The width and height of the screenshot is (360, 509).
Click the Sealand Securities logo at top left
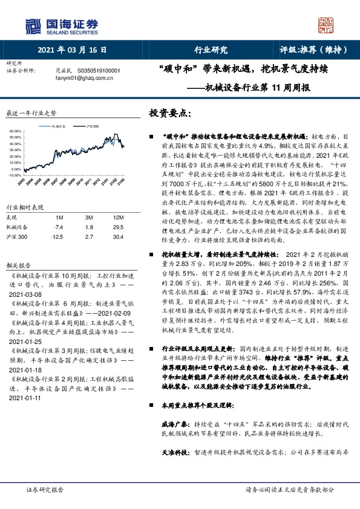click(x=61, y=25)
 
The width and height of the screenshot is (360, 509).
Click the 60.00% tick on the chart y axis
click(x=15, y=130)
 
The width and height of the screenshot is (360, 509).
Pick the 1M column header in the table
click(x=59, y=217)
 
